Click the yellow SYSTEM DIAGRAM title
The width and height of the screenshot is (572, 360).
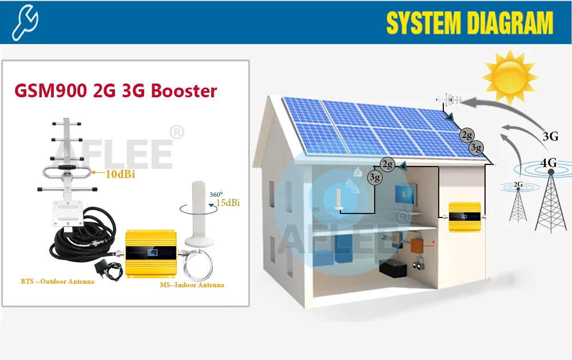tap(469, 23)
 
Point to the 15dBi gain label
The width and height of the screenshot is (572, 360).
tap(228, 203)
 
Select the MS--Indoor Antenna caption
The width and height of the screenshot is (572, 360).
tap(192, 284)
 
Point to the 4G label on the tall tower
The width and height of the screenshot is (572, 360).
tap(548, 163)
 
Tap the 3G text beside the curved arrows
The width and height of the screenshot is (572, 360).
tap(550, 136)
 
